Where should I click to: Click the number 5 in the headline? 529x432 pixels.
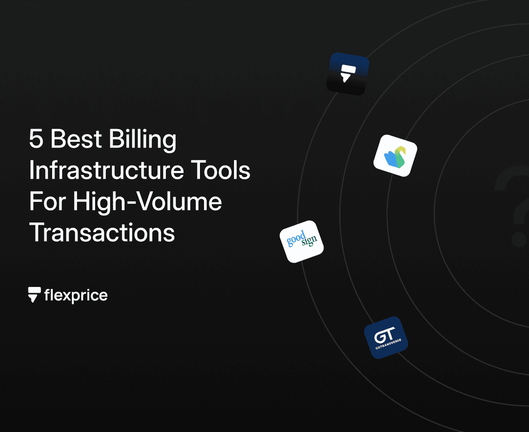point(36,140)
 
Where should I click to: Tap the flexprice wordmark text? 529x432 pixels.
point(76,296)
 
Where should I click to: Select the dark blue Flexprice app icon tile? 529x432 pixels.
point(348,74)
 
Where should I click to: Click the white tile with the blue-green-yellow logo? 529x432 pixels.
point(395,156)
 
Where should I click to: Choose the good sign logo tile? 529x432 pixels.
point(302,242)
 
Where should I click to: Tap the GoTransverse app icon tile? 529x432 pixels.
point(385,338)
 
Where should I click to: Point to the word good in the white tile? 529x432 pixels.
point(297,238)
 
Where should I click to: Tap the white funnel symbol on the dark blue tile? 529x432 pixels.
point(347,73)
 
